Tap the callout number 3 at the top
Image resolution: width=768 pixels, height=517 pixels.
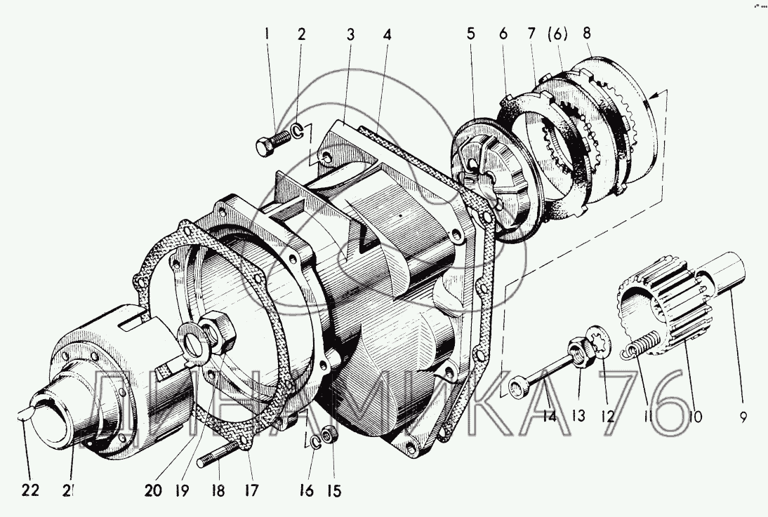point(350,35)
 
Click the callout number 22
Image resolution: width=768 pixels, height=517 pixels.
point(30,490)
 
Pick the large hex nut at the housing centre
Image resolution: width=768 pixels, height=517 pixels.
point(218,333)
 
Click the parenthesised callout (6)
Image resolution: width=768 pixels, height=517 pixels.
point(558,34)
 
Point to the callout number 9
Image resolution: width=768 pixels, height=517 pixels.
point(743,417)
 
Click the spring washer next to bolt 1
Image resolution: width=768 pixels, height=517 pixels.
point(298,130)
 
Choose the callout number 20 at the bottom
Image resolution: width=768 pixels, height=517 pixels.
point(153,490)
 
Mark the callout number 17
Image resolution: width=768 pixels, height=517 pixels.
point(251,490)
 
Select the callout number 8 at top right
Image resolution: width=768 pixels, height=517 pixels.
point(587,33)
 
